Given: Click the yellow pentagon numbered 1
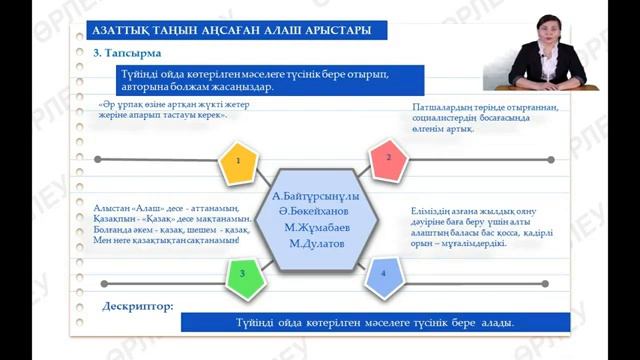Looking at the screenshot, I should [238, 161].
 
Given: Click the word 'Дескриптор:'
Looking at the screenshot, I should [140, 306].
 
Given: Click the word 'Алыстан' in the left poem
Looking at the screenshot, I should [112, 201].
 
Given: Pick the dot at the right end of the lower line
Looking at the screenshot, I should [540, 287].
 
